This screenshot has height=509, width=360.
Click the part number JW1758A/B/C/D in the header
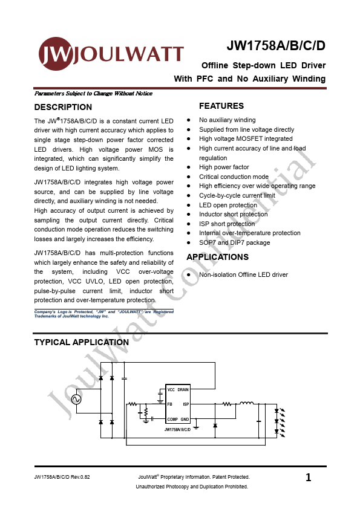tap(276, 47)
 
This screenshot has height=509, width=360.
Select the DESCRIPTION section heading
tap(63, 107)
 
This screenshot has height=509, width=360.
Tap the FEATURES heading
tap(221, 106)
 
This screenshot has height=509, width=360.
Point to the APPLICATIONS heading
tap(217, 257)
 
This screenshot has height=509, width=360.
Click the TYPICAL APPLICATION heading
tap(81, 342)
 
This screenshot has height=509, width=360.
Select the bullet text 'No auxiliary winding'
tap(227, 120)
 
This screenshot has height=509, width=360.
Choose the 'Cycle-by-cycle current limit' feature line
tap(237, 195)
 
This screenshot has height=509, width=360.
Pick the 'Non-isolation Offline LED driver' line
tap(243, 274)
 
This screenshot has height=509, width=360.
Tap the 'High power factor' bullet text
tap(224, 167)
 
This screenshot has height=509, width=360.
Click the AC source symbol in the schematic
tap(77, 399)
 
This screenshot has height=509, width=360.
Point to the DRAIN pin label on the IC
tap(183, 390)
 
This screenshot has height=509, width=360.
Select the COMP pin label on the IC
tap(172, 419)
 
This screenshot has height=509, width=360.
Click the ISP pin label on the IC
tap(186, 404)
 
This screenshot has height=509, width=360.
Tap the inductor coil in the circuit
tap(247, 403)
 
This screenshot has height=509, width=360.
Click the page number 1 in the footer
tap(309, 478)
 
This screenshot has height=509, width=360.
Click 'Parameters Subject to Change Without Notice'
tap(93, 94)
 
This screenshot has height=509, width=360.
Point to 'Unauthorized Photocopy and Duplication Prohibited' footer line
tap(192, 487)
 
